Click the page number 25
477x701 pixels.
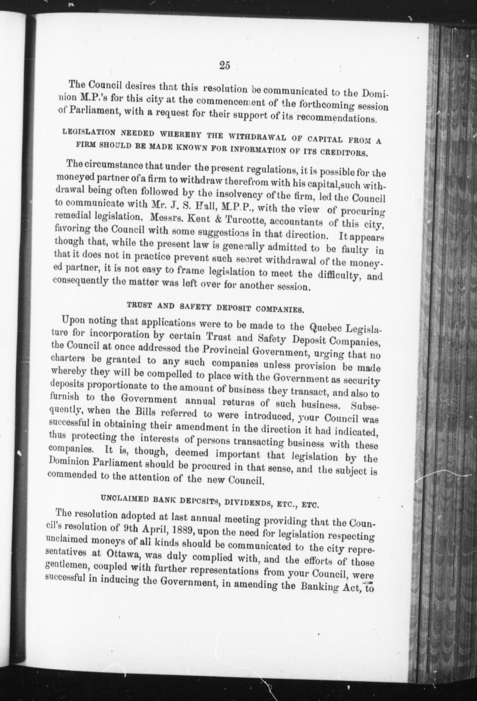(x=225, y=65)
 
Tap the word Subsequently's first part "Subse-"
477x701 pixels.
(x=364, y=406)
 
